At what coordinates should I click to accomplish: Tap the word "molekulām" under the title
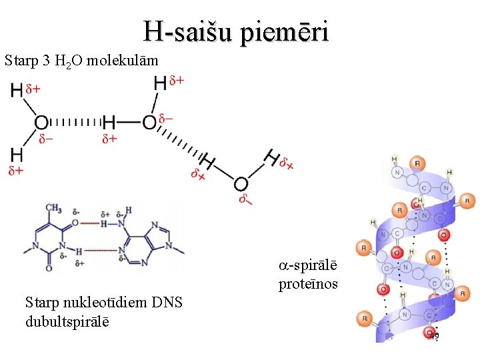pos(126,61)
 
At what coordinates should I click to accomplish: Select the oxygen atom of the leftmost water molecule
pos(41,123)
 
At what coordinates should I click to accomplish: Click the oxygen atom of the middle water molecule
pos(149,123)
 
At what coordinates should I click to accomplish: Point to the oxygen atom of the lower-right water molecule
pos(241,184)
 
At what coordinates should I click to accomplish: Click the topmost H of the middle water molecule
pos(160,83)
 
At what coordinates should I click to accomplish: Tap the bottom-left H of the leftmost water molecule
pos(17,155)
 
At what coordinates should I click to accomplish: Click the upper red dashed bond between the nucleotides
pos(103,223)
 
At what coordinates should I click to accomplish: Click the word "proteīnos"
pos(308,284)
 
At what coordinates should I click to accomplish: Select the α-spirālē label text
pos(308,266)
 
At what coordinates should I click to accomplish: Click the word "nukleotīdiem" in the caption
pos(103,303)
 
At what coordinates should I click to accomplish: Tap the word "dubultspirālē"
pos(67,321)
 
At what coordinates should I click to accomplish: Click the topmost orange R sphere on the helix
pos(417,163)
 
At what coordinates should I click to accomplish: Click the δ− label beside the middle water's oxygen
pos(166,119)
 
